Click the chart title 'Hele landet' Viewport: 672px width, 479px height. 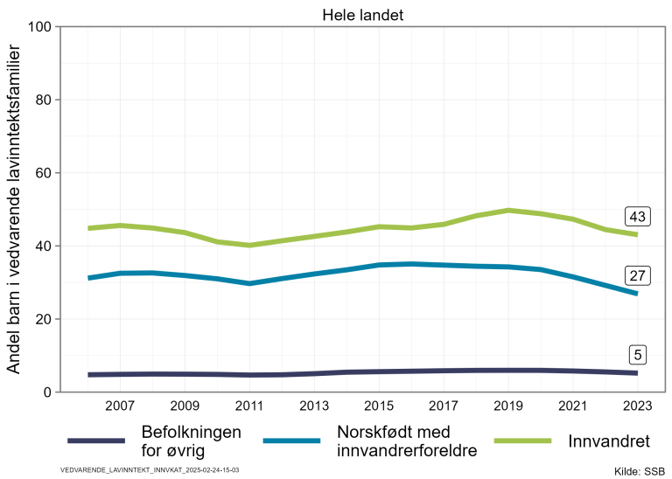click(362, 14)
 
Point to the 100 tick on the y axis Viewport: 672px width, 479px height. click(38, 26)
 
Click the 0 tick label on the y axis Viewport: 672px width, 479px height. click(45, 392)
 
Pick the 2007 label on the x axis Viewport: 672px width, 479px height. click(119, 406)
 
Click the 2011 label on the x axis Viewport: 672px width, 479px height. click(248, 406)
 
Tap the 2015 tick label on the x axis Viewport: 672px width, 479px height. click(378, 406)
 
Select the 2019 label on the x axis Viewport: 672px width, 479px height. click(507, 406)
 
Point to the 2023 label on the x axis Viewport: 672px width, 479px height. click(636, 406)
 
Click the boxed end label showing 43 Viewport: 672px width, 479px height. click(636, 217)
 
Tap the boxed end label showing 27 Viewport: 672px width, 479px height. click(636, 276)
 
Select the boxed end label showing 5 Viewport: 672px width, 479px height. click(639, 355)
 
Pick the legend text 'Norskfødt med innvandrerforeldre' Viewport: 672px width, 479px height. click(406, 441)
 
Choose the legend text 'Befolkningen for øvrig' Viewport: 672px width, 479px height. click(191, 441)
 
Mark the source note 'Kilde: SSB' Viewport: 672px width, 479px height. click(640, 471)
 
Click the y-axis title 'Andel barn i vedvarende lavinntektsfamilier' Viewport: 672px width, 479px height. click(14, 210)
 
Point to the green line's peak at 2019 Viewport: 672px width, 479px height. click(507, 210)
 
